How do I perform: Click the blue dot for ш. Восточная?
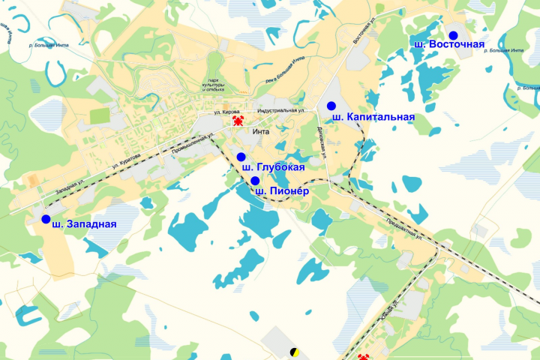point(453,35)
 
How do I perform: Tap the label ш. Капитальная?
point(373,117)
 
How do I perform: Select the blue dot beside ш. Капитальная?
point(331,105)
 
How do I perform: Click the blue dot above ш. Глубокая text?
point(241,156)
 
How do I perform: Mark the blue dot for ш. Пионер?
point(255,181)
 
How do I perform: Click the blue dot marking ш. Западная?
point(46,219)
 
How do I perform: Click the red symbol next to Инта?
point(238,120)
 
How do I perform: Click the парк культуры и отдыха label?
point(213,85)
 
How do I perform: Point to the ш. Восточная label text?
point(448,44)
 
